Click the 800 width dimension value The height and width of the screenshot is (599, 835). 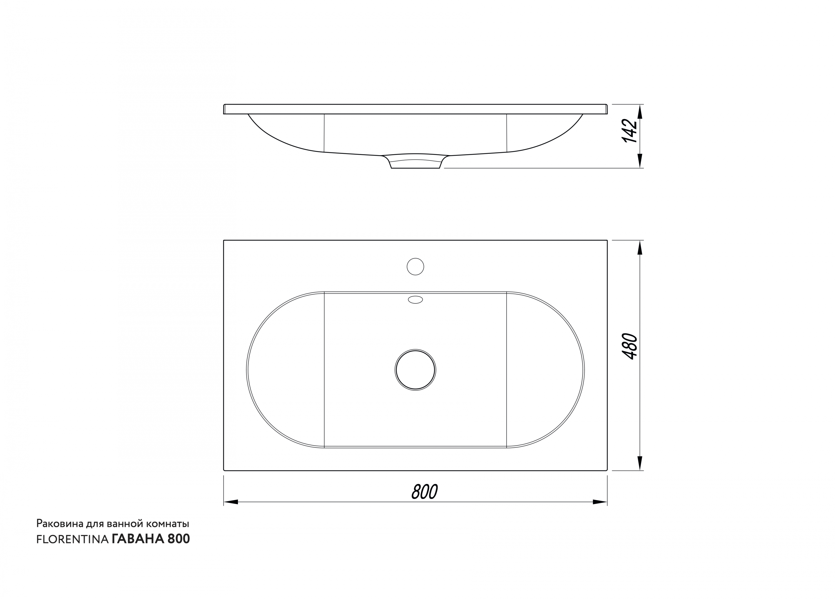(x=424, y=491)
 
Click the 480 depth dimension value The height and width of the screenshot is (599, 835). (x=629, y=347)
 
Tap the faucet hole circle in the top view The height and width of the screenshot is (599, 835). (x=415, y=267)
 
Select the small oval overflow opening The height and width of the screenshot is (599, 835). (x=415, y=300)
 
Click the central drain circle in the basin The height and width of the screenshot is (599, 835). (x=415, y=370)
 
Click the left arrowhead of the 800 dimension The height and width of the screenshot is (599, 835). (x=231, y=502)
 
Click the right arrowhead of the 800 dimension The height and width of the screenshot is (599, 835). (x=600, y=502)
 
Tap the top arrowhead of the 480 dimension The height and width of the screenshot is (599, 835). (x=640, y=247)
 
